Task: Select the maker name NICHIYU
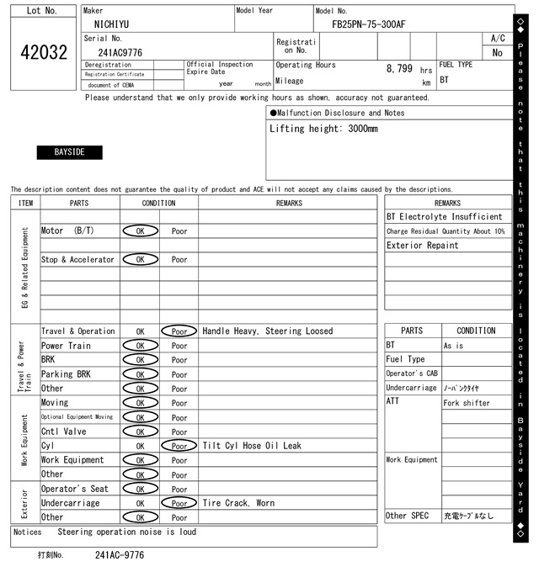tap(111, 24)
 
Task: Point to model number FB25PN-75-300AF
tap(368, 24)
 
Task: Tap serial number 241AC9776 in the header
tap(120, 52)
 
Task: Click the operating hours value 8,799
tap(399, 68)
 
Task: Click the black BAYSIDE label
tap(69, 152)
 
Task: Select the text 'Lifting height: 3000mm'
tap(323, 130)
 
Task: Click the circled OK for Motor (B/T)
tap(140, 230)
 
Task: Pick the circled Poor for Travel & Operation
tap(179, 331)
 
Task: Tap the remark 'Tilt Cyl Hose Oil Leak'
tap(251, 446)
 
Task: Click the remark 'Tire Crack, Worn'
tap(237, 503)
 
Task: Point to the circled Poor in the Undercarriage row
tap(179, 503)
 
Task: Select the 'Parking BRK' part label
tap(67, 374)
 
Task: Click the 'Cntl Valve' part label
tap(63, 432)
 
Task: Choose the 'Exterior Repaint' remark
tap(423, 246)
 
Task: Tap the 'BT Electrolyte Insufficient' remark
tap(444, 217)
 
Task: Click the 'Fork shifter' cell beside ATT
tap(465, 403)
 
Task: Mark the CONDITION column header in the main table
tap(159, 203)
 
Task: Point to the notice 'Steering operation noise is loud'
tap(127, 532)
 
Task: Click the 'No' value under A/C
tap(497, 52)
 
